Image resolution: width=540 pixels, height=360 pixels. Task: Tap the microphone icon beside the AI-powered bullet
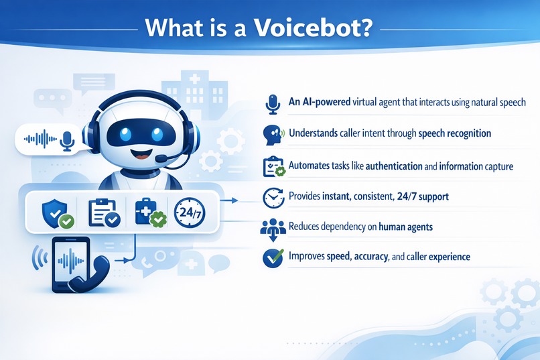(x=272, y=103)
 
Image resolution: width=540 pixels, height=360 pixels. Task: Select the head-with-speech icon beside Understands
(x=272, y=133)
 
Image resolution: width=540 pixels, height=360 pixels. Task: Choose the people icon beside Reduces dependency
(x=272, y=228)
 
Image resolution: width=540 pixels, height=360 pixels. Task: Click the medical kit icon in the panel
(x=146, y=212)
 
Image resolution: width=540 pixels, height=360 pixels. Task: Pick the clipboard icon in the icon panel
(x=101, y=213)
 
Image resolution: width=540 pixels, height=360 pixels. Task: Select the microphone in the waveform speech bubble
(x=66, y=140)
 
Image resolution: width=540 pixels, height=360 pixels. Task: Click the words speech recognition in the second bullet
(x=454, y=133)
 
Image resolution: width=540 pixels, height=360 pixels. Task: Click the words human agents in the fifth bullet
(x=405, y=227)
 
